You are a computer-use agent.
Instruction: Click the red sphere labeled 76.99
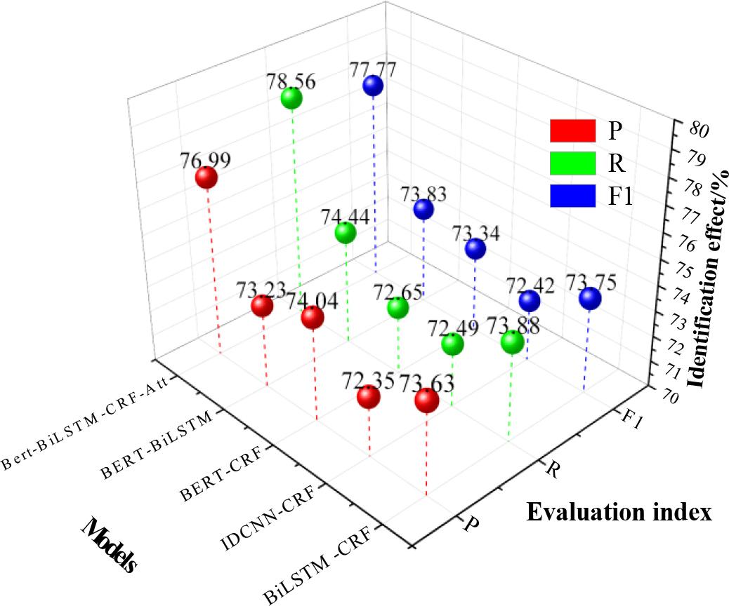click(206, 178)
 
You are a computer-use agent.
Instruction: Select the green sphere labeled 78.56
click(291, 99)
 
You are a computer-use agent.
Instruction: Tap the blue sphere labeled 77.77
click(373, 86)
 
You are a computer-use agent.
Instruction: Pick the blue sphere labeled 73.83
click(423, 209)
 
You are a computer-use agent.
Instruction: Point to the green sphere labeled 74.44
click(345, 232)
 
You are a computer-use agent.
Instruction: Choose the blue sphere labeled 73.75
click(591, 299)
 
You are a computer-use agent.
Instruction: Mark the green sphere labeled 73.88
click(512, 342)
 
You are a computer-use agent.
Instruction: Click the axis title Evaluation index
click(619, 513)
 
